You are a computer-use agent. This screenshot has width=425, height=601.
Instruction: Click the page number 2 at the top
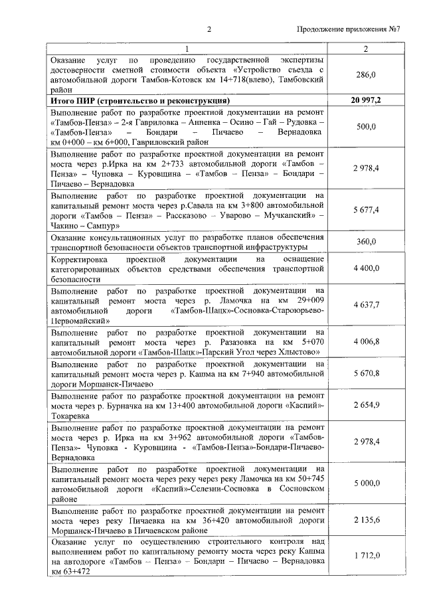tap(209, 29)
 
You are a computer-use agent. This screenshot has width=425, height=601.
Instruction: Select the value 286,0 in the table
tap(366, 76)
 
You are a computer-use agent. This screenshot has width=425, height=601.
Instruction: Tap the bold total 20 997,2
tap(366, 100)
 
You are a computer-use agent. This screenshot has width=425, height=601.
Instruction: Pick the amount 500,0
tap(367, 126)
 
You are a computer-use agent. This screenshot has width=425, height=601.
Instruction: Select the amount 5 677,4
tap(367, 210)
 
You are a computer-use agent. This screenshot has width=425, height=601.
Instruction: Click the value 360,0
tap(367, 242)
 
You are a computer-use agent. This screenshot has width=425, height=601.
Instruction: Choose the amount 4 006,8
tap(367, 341)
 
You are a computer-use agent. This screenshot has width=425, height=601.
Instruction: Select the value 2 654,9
tap(367, 405)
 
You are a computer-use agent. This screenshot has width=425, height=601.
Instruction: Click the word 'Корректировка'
tap(80, 258)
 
